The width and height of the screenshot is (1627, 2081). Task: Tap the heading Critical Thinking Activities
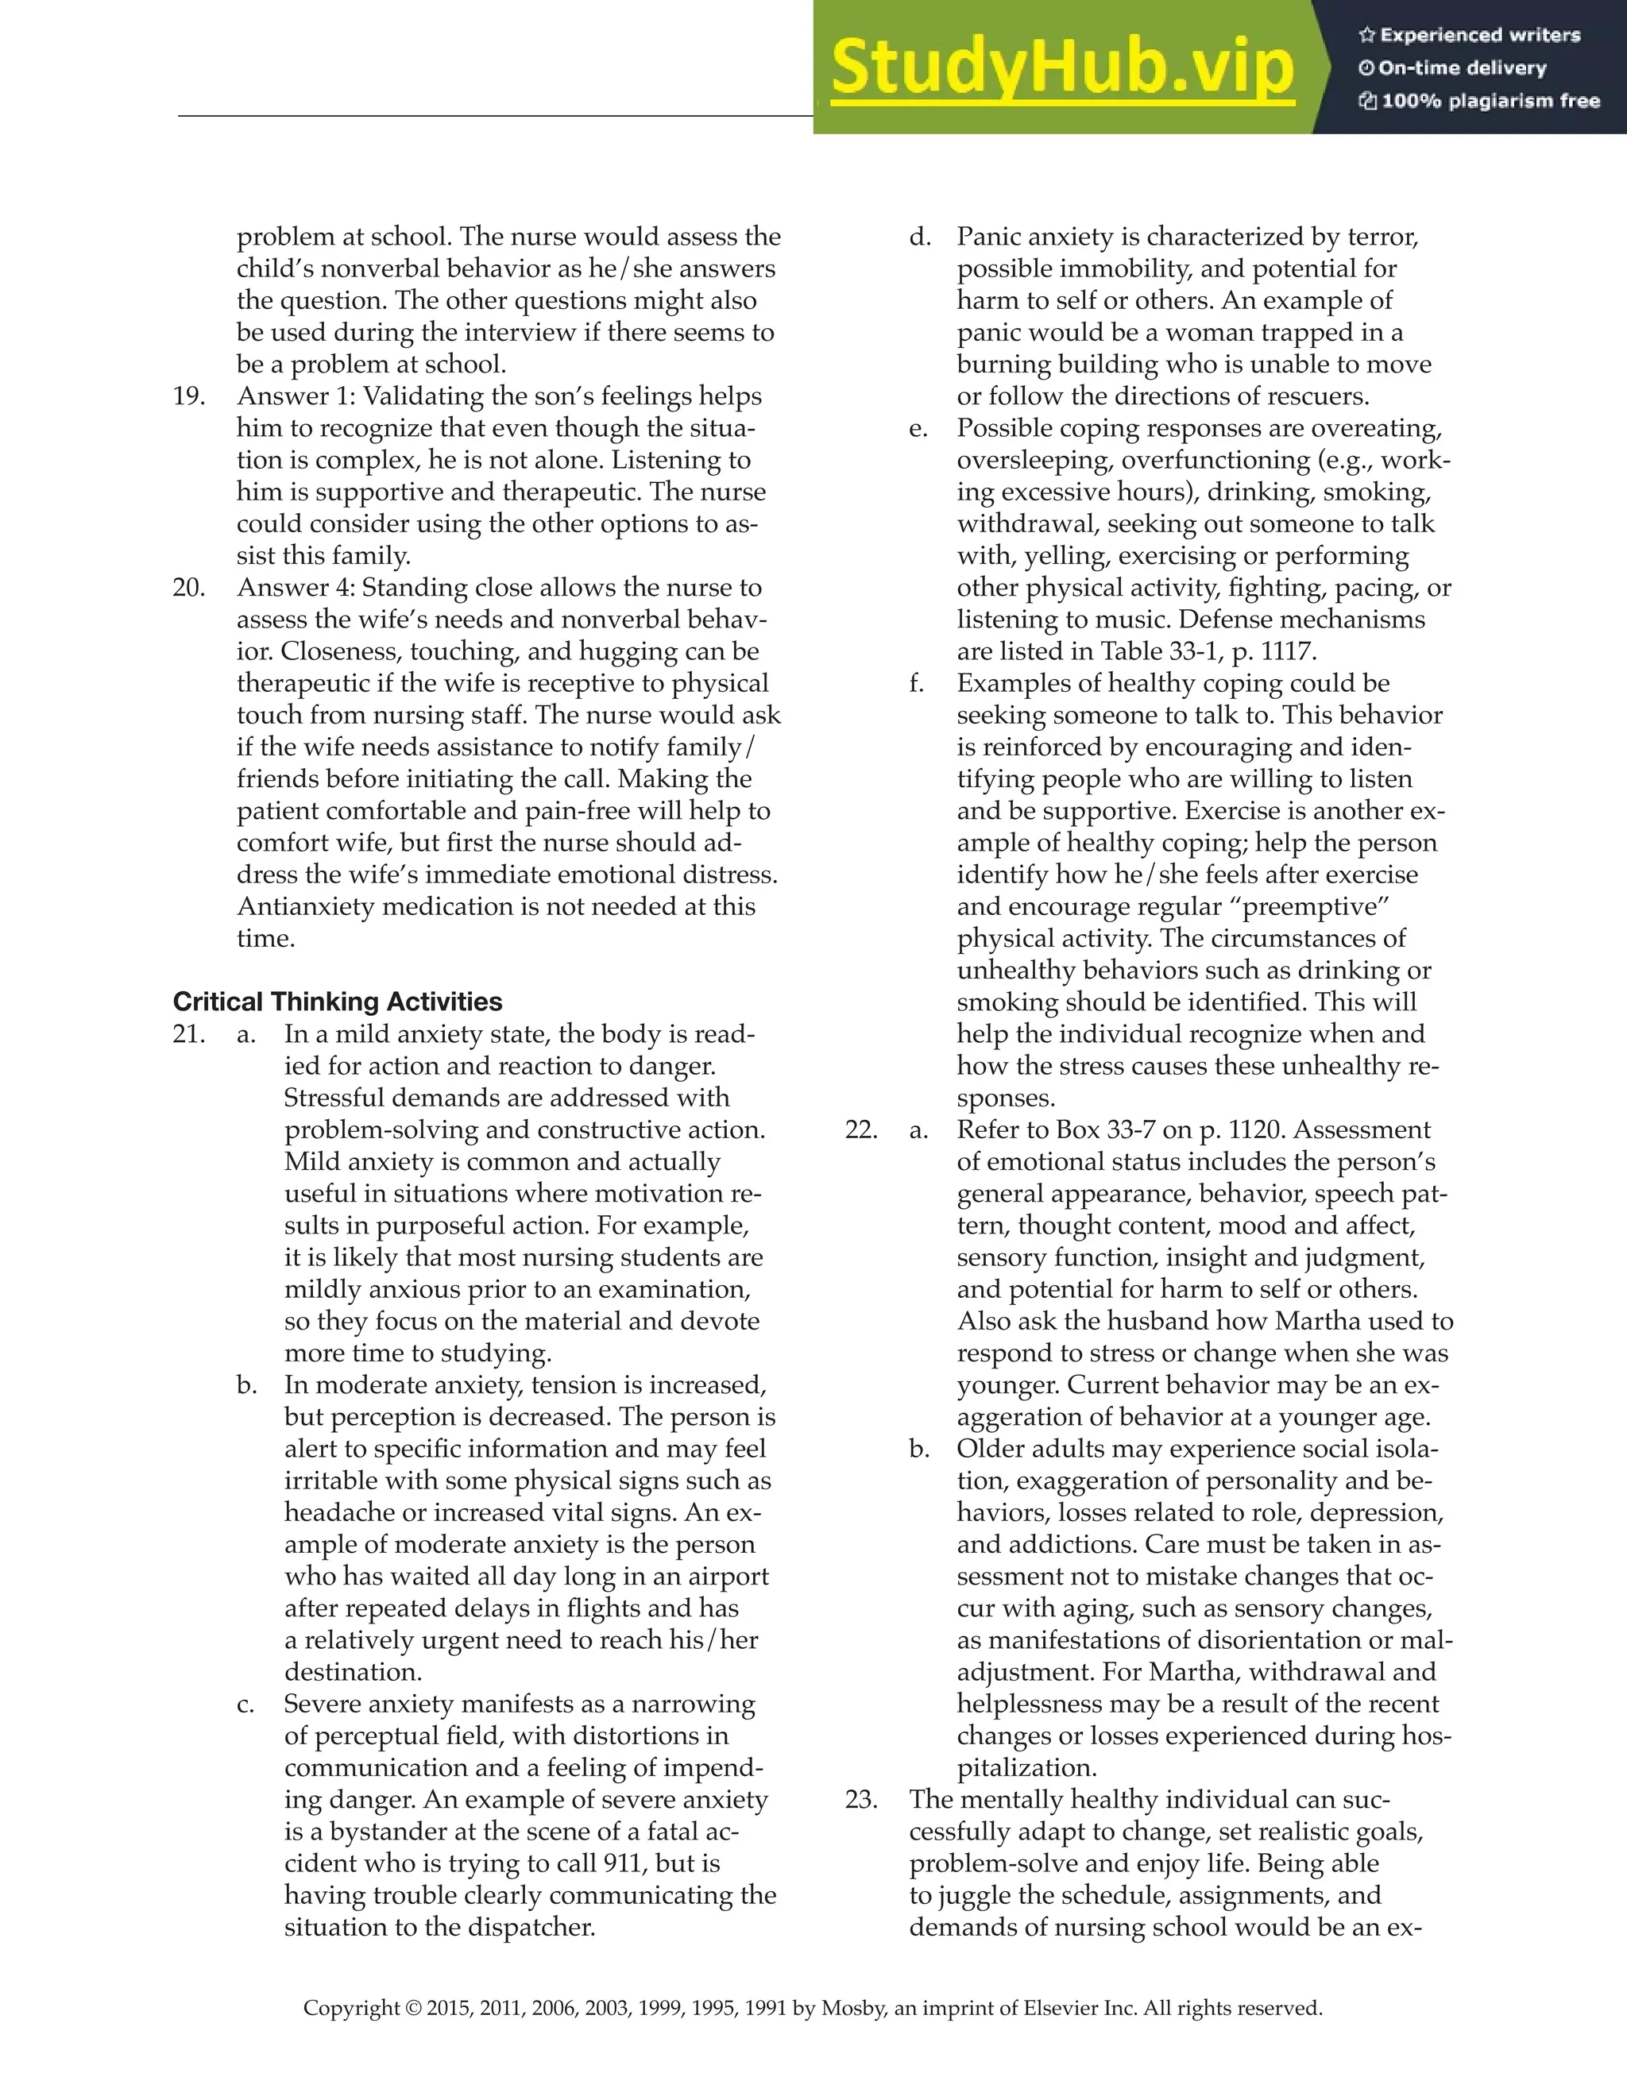(x=338, y=1002)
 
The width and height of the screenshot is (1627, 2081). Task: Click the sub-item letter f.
(x=917, y=683)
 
